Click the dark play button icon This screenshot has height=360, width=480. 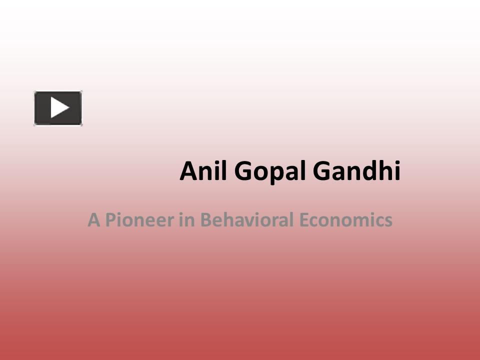[x=58, y=108]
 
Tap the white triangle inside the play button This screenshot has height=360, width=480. [x=59, y=108]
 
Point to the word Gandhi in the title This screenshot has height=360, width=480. [x=356, y=171]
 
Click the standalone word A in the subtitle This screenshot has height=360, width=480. [x=92, y=220]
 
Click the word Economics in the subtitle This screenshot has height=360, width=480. [x=346, y=220]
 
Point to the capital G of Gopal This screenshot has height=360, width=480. [x=242, y=172]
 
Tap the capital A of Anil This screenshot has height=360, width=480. [x=187, y=172]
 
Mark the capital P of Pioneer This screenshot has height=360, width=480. [x=109, y=220]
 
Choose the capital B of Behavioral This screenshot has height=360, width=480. [x=205, y=220]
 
